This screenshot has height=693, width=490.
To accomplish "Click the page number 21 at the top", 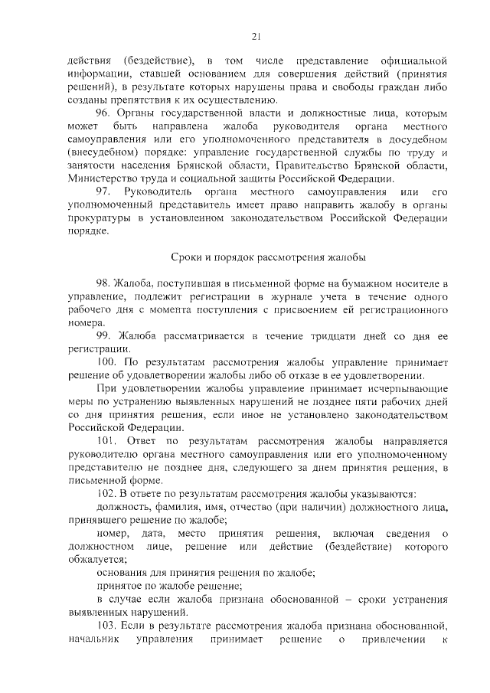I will click(x=256, y=34).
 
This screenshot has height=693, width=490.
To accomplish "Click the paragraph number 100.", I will click(x=108, y=362).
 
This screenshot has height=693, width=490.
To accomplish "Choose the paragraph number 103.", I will click(x=108, y=627).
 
